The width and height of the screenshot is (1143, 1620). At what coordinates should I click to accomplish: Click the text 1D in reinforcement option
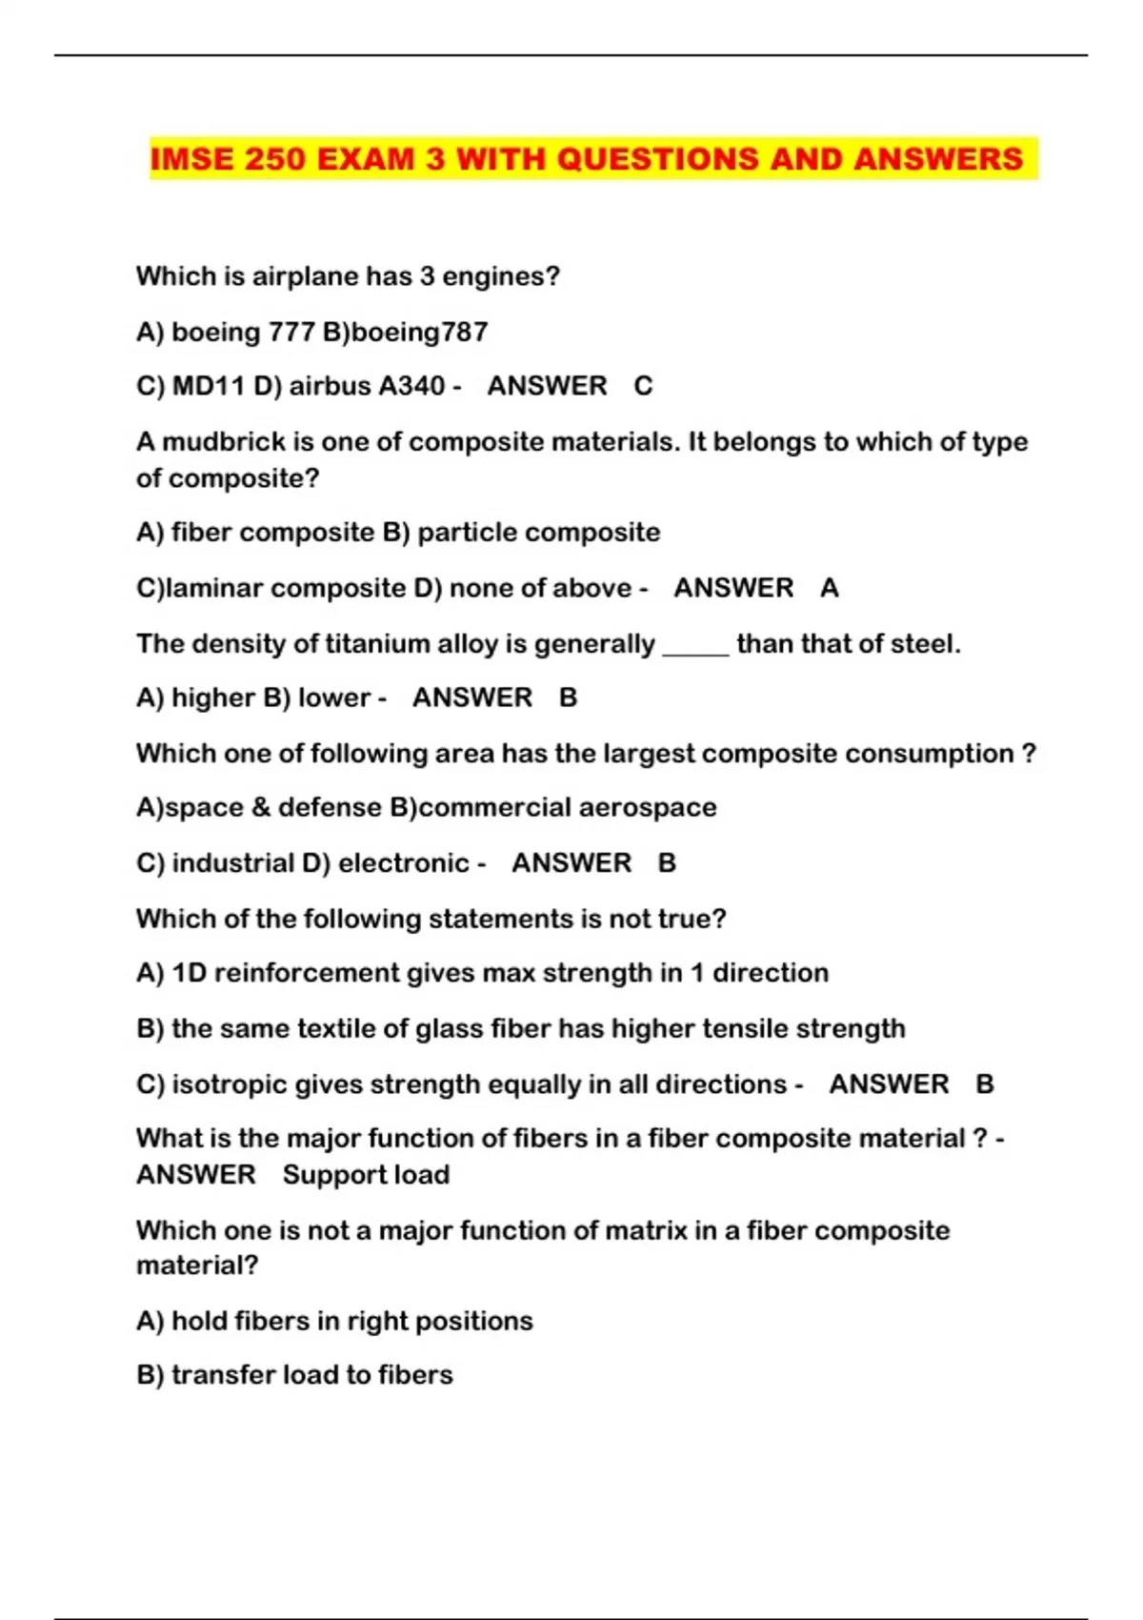point(189,973)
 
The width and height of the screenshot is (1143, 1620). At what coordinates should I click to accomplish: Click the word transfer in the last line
point(215,1375)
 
